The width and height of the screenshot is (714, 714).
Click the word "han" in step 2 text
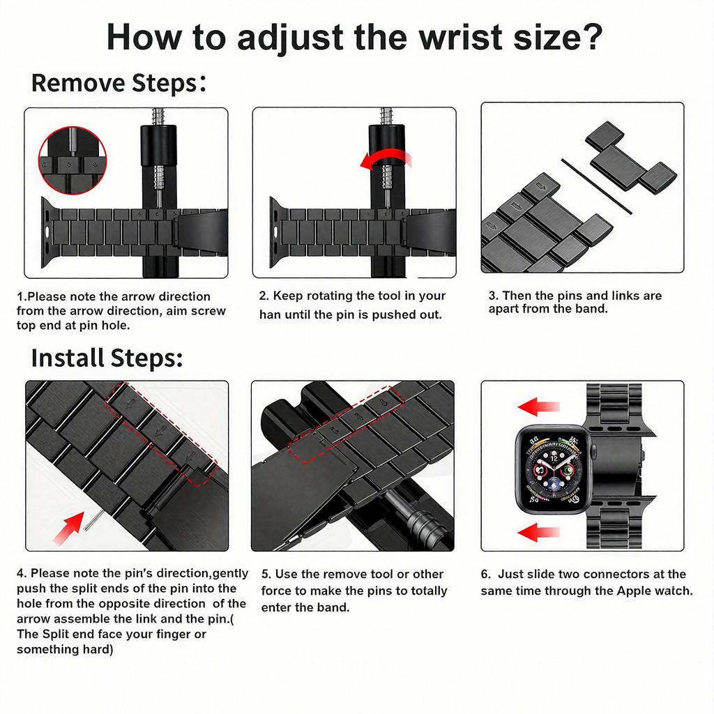click(270, 314)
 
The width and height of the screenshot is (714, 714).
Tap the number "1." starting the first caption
click(22, 296)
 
